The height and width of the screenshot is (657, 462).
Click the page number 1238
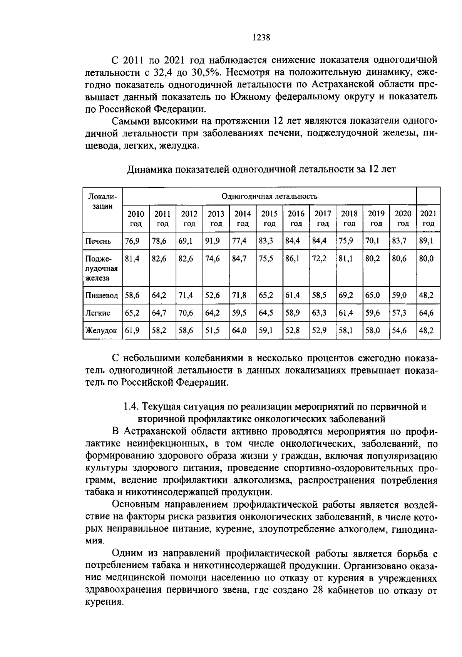tap(261, 38)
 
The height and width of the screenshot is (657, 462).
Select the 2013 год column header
tap(216, 218)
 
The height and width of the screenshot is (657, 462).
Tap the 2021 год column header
tap(428, 218)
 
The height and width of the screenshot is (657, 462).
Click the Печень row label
tap(98, 241)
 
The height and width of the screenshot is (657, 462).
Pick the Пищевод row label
tap(102, 295)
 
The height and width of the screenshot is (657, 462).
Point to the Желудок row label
tap(101, 330)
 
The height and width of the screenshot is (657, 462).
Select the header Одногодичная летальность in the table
tap(269, 196)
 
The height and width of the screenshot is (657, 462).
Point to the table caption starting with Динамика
tap(261, 169)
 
